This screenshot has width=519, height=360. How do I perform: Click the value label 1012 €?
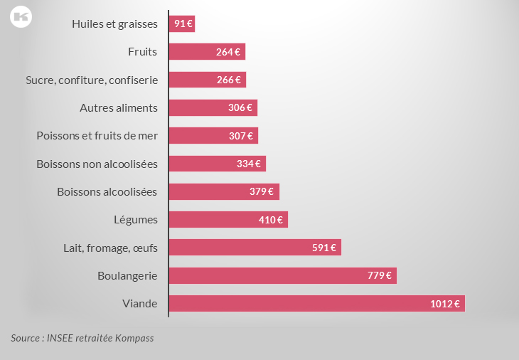(445, 304)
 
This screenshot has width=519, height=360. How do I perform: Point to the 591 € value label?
(324, 248)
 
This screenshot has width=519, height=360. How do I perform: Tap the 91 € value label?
(183, 23)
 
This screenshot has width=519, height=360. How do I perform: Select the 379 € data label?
(262, 191)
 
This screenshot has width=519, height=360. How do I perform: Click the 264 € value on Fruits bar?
(228, 51)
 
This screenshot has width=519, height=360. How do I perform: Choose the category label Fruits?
(142, 51)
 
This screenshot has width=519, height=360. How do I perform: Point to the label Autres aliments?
(119, 107)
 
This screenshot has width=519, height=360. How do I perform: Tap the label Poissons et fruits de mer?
(97, 135)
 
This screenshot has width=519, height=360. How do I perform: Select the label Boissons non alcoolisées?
(97, 164)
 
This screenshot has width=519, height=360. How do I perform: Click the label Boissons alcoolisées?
(107, 191)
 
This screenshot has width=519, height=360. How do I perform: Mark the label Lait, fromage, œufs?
(110, 248)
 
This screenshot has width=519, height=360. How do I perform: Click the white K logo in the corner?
(20, 17)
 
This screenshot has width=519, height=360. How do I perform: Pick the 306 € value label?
(240, 107)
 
